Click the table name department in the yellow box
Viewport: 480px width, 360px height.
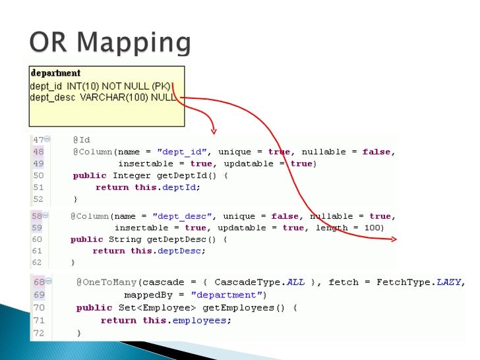[x=55, y=73]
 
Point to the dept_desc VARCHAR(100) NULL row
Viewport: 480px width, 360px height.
[x=103, y=97]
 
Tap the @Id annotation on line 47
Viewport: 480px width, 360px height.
[x=81, y=140]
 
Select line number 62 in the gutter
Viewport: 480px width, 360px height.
[x=37, y=262]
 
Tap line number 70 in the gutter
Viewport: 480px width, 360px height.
[x=39, y=307]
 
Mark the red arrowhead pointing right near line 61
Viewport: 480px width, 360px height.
[x=394, y=240]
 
